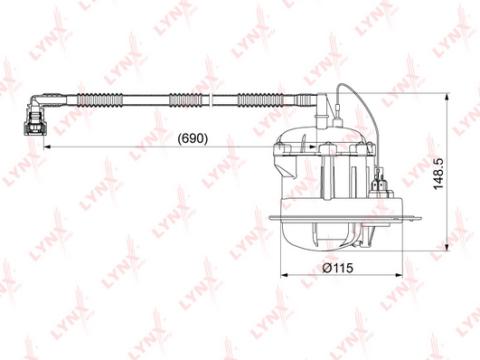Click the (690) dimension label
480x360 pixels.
[193, 138]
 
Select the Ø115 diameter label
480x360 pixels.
[338, 268]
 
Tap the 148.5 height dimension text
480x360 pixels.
[438, 174]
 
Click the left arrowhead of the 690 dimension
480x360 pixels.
[47, 147]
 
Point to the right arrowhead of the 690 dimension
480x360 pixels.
[313, 147]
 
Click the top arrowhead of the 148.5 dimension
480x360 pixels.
[447, 97]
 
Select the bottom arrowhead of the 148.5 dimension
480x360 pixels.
[447, 247]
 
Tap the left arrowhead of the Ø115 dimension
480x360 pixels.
[285, 275]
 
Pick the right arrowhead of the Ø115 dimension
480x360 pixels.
[400, 275]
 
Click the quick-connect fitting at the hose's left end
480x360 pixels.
[34, 122]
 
